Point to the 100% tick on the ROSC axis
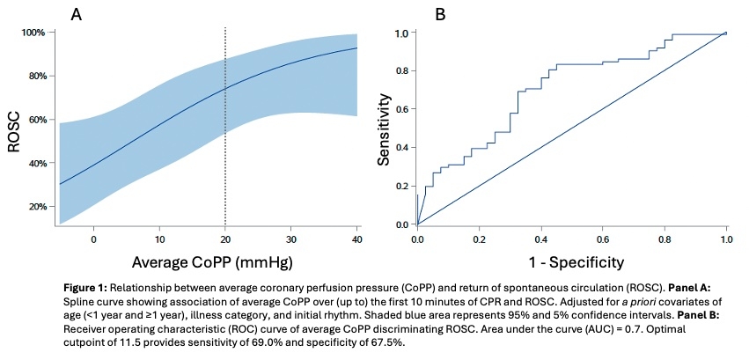click(33, 33)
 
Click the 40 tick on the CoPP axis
click(357, 239)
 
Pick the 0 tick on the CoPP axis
click(93, 239)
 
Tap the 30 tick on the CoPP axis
click(291, 239)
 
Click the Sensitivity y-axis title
click(384, 130)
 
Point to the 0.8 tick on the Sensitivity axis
click(400, 71)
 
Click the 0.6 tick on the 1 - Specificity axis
click(603, 239)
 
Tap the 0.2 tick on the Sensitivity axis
click(400, 187)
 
